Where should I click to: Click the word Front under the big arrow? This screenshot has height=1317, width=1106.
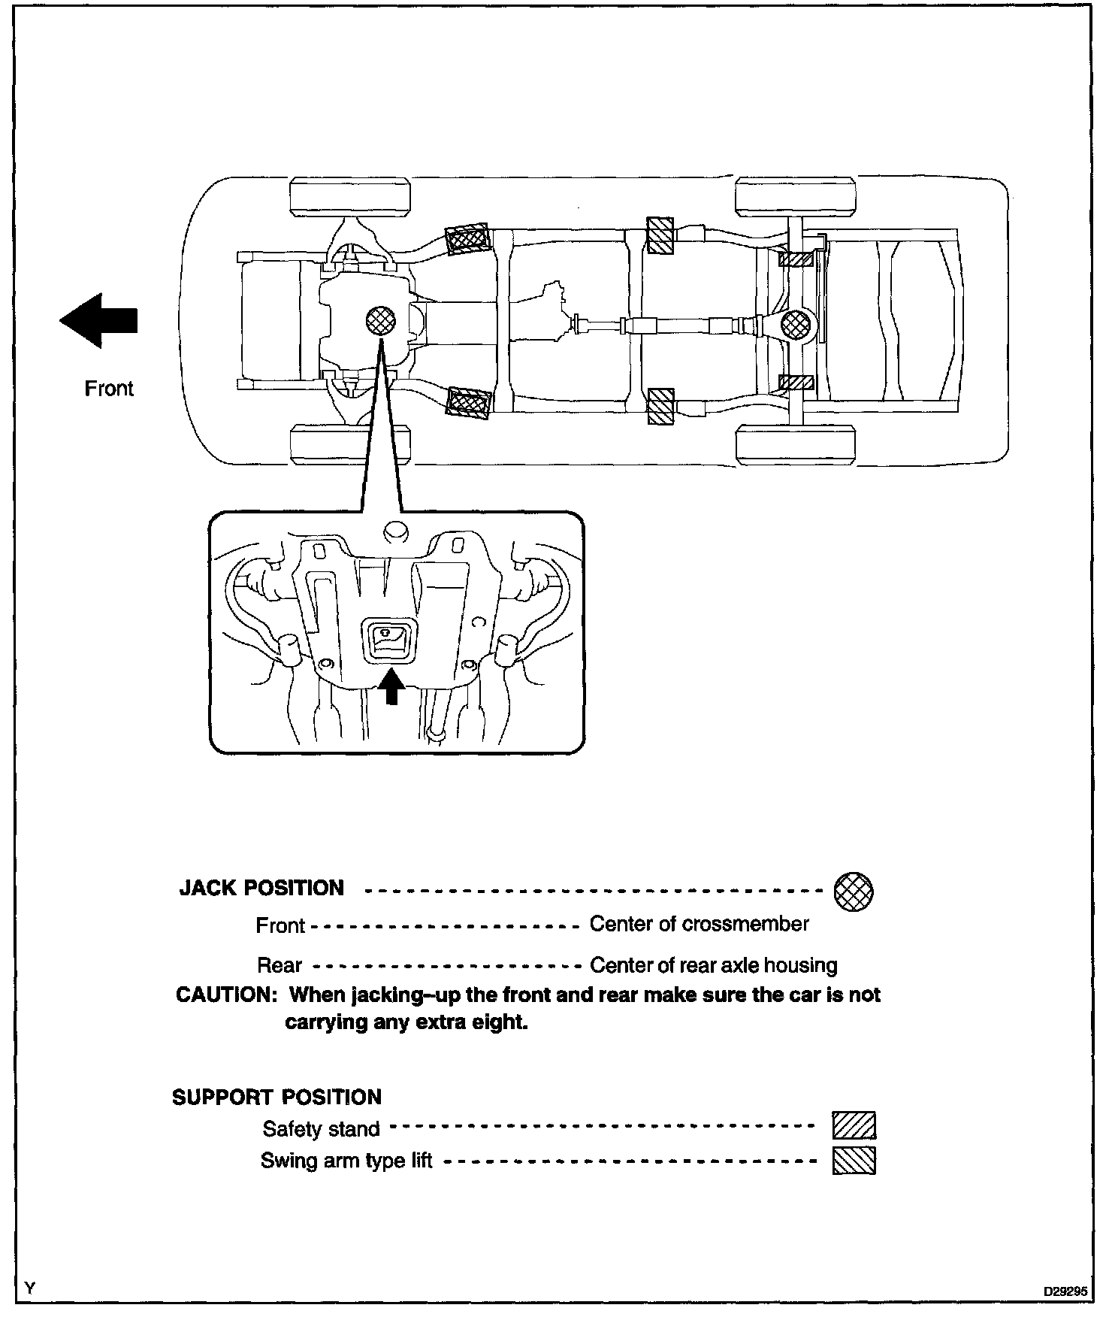click(x=109, y=389)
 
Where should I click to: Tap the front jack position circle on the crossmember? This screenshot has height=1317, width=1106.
click(x=380, y=321)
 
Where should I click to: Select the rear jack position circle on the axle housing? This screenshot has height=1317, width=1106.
click(x=796, y=325)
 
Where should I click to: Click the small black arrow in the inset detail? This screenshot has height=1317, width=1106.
click(x=390, y=686)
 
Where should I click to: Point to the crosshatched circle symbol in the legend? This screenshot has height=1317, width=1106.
click(x=854, y=892)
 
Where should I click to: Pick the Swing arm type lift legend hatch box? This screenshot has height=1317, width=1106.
click(x=854, y=1160)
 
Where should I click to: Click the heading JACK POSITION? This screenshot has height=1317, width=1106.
click(x=261, y=889)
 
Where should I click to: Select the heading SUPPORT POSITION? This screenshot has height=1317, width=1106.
click(x=277, y=1097)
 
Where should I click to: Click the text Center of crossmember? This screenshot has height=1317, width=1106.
click(x=699, y=924)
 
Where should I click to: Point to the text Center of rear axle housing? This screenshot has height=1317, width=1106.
click(x=713, y=965)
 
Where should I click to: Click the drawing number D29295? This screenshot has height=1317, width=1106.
click(x=1065, y=1291)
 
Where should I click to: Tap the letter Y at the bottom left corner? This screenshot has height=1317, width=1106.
click(x=29, y=1288)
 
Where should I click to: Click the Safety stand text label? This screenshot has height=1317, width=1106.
click(x=321, y=1129)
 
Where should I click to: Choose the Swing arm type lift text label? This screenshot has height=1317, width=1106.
click(x=346, y=1161)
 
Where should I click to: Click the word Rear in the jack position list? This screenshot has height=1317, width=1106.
click(x=280, y=966)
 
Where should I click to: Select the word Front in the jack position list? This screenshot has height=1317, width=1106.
click(x=280, y=925)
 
